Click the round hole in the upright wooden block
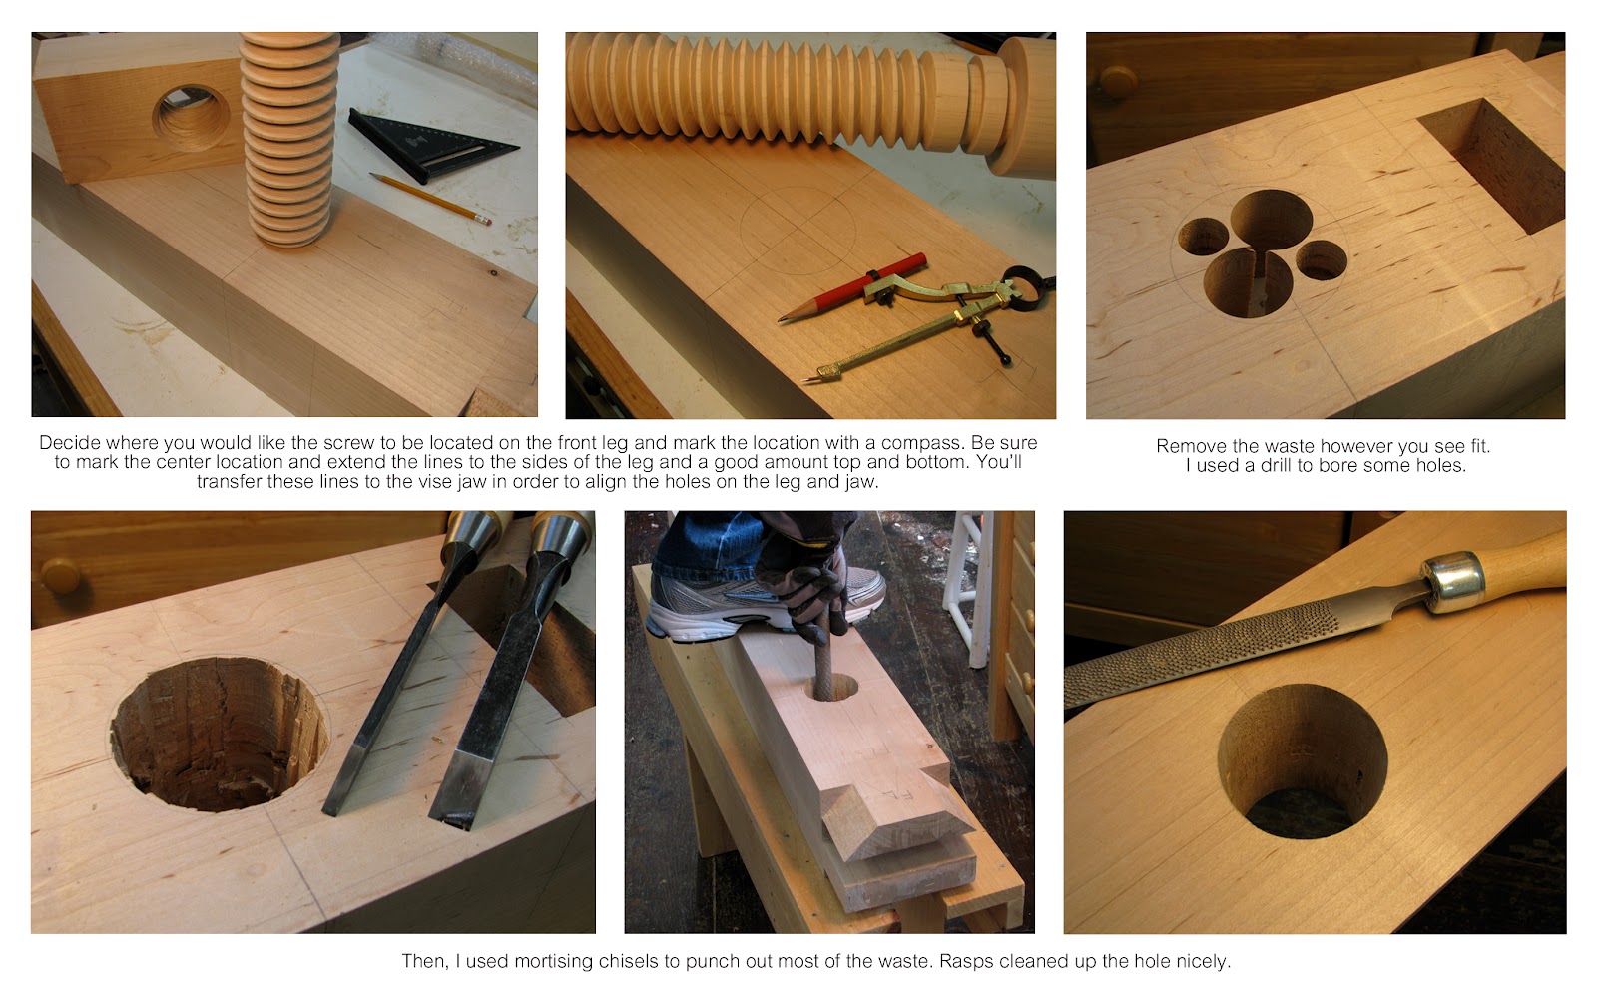pyautogui.click(x=192, y=118)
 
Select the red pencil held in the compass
pyautogui.click(x=853, y=289)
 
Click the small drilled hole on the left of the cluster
pyautogui.click(x=1203, y=238)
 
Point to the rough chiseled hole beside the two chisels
pyautogui.click(x=218, y=734)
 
